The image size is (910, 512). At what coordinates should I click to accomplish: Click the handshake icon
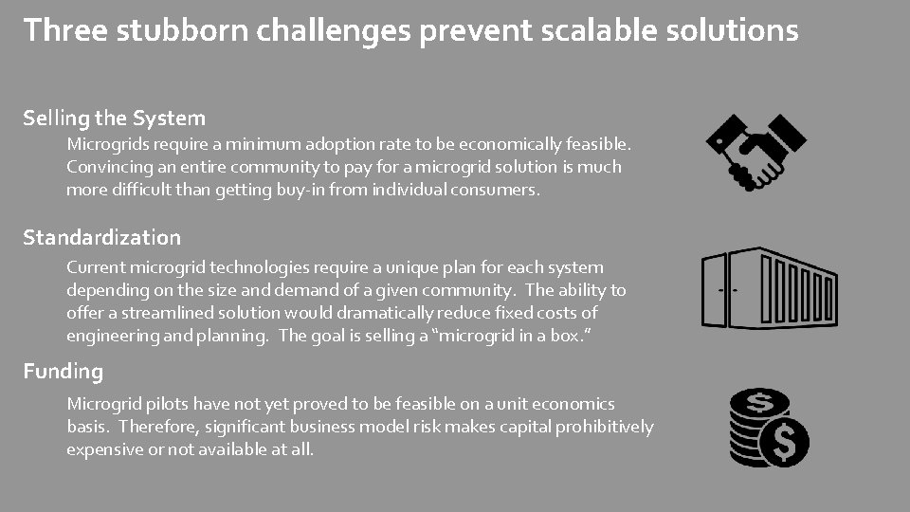[755, 151]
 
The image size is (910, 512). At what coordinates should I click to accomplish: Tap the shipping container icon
[769, 288]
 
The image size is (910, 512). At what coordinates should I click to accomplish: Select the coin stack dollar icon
[769, 428]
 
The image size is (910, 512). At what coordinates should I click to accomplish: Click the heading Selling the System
[114, 119]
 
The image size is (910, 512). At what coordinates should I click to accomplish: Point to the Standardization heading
[101, 237]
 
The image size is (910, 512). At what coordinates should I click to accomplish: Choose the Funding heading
[63, 371]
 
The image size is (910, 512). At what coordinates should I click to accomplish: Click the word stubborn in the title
[168, 30]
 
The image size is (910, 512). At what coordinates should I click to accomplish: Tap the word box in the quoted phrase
[564, 335]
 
